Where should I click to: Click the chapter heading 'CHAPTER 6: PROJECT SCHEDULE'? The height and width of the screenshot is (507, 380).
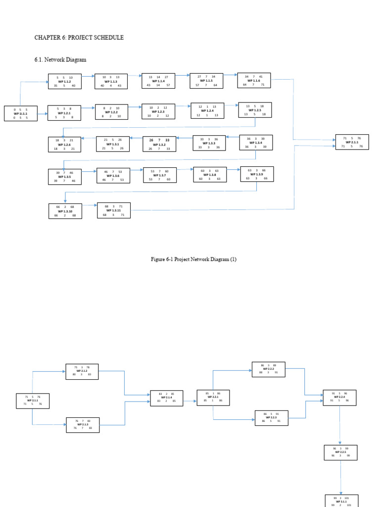pos(79,38)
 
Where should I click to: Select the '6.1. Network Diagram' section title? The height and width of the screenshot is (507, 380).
pos(60,59)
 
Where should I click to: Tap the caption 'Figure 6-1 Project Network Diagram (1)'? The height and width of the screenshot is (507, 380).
pos(193,259)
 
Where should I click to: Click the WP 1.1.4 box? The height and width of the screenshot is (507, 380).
pos(158,81)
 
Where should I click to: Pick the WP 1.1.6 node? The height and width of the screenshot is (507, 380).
pos(254,81)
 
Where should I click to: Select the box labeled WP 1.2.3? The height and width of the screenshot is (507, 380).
pos(158,111)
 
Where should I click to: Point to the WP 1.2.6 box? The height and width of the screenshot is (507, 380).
pos(64,145)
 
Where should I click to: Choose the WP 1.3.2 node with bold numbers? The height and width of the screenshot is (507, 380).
pos(159,144)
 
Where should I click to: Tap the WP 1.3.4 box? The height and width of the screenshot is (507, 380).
pos(256,143)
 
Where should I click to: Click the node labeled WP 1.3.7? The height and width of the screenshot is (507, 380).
pos(160,175)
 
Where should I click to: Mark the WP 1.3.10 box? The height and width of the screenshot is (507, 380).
pos(65,211)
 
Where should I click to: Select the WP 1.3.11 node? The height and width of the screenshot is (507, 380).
pos(114,210)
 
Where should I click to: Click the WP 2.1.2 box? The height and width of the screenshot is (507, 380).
pos(82,371)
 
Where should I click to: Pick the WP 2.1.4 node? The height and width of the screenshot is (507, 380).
pos(166,398)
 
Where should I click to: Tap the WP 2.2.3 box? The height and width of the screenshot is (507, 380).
pos(272,417)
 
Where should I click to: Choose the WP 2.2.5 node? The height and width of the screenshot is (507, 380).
pos(340,452)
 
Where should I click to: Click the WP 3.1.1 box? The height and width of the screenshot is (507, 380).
pos(341,501)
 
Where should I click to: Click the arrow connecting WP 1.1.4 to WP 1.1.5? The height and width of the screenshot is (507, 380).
pos(182,75)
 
